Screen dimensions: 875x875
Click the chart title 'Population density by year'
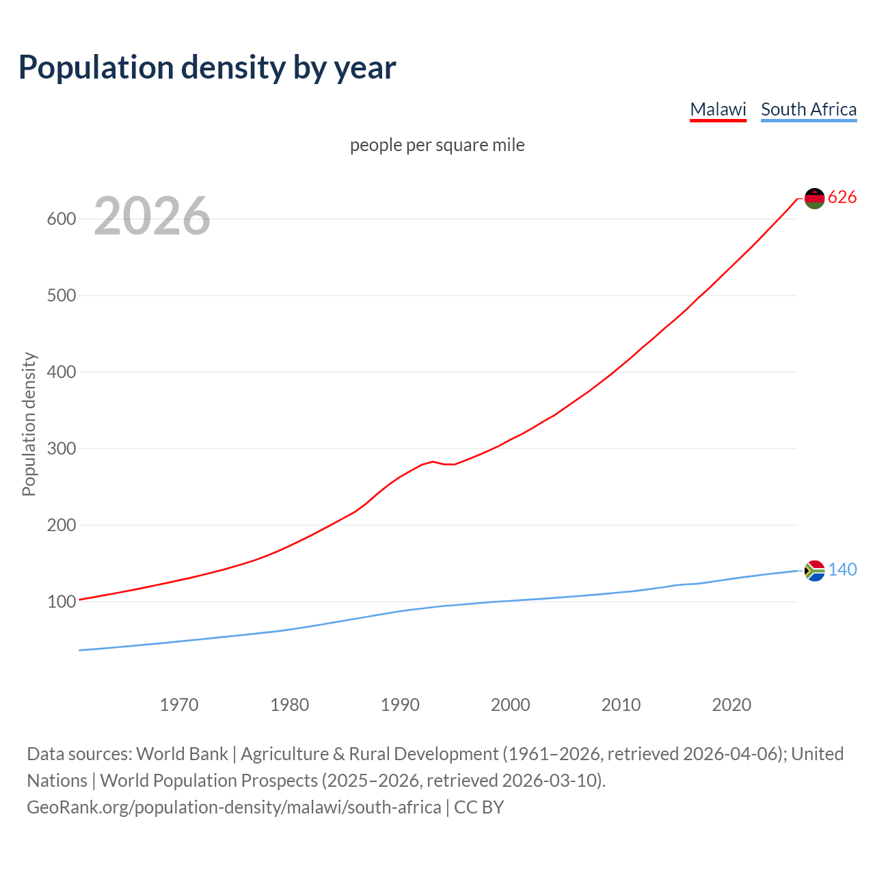tap(207, 67)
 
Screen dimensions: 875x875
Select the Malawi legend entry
tap(718, 109)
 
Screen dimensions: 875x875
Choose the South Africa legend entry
tap(809, 109)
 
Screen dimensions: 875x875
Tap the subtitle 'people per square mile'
tap(437, 145)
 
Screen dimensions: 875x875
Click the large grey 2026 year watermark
tap(152, 216)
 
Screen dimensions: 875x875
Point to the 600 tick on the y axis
tap(61, 219)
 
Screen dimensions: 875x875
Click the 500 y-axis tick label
tap(61, 296)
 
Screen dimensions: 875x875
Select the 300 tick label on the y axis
tap(61, 449)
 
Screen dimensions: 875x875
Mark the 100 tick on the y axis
tap(61, 602)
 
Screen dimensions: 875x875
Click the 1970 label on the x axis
tap(179, 705)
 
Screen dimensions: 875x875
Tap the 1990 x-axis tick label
tap(400, 705)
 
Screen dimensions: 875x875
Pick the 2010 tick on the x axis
tap(621, 705)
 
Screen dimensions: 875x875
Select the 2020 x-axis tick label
tap(731, 705)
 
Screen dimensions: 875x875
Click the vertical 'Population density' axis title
tap(29, 424)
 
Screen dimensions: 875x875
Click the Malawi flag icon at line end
tap(814, 198)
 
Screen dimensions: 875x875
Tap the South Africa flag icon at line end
tap(814, 570)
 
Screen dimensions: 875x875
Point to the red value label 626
tap(842, 198)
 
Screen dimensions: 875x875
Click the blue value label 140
tap(842, 570)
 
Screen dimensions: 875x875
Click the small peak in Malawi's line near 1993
tap(433, 461)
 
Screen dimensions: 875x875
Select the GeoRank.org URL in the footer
tap(234, 807)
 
